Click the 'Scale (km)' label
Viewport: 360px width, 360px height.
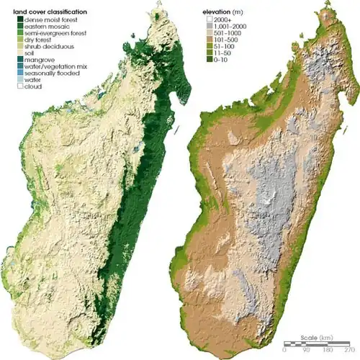point(315,337)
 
